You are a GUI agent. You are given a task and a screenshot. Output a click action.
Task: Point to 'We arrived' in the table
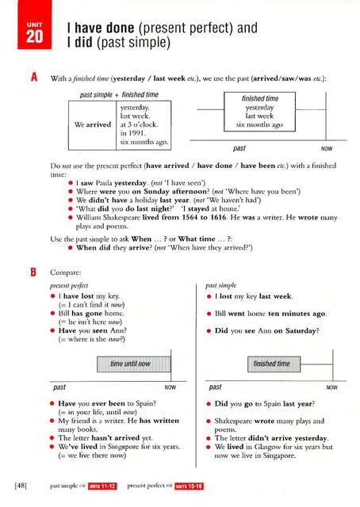tap(91, 125)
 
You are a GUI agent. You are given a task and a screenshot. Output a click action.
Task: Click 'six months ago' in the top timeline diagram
tap(259, 125)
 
